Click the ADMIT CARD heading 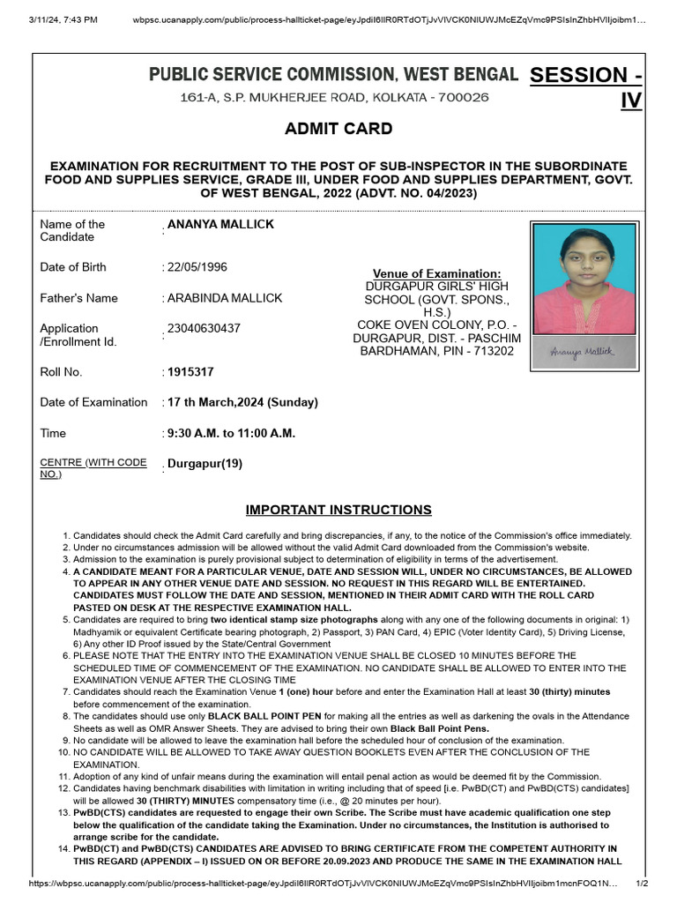(x=338, y=129)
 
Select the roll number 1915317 (x=190, y=372)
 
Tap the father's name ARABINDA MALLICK (x=225, y=298)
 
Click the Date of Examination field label (x=93, y=402)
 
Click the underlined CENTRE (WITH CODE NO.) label (x=93, y=468)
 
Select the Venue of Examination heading (x=436, y=274)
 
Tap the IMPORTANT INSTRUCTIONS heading (x=338, y=510)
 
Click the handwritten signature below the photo (x=582, y=351)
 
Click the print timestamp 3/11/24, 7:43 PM (x=63, y=19)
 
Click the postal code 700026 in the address (x=459, y=97)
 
